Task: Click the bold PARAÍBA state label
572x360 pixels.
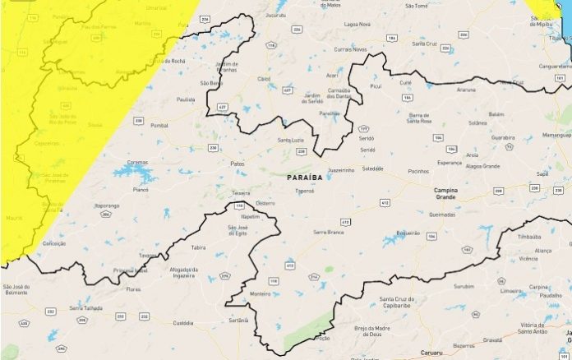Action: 306,178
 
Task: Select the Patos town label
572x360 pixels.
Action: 238,164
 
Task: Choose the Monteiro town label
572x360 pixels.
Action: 261,293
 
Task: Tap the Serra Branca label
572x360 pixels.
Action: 326,232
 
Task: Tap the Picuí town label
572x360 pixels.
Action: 376,85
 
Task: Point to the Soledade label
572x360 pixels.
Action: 372,168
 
